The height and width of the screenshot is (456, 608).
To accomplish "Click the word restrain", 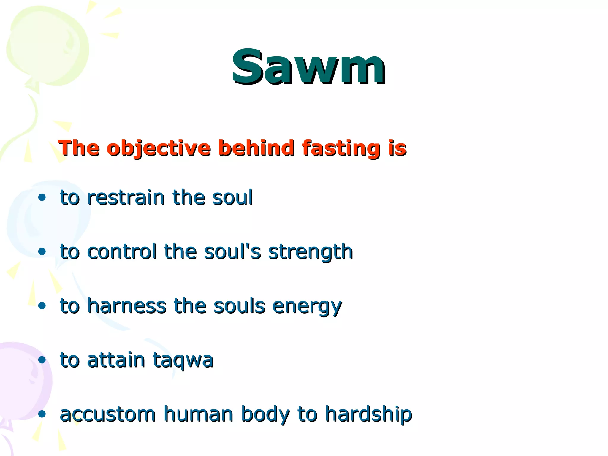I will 126,197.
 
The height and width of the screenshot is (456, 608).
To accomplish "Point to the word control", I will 122,252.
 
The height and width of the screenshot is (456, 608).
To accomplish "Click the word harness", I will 126,306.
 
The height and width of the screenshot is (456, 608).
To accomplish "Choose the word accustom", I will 107,414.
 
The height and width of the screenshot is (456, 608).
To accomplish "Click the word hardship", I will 368,414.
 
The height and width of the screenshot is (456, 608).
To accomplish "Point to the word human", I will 198,414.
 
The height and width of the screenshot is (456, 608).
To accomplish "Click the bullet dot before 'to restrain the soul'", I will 42,197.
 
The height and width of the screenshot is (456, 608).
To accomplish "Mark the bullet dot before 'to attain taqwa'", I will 42,360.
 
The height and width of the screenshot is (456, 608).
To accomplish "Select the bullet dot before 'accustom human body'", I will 42,414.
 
